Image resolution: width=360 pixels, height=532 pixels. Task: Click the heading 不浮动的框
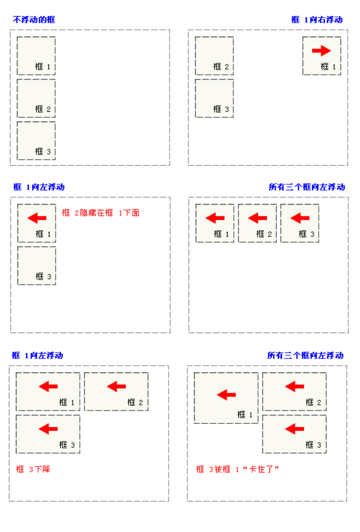[x=34, y=20]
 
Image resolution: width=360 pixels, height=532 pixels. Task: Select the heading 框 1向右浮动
[x=317, y=20]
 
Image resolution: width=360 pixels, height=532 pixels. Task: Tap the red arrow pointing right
[x=321, y=50]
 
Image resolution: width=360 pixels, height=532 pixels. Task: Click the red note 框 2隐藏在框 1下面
[x=100, y=213]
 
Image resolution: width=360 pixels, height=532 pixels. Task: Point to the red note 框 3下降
[x=33, y=469]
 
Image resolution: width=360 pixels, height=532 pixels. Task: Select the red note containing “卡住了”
[x=237, y=469]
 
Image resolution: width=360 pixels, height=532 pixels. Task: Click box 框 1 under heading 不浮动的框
[x=36, y=56]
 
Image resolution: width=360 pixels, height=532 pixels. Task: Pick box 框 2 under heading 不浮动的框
[x=36, y=98]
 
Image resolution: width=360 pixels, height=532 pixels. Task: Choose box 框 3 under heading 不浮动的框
[x=36, y=141]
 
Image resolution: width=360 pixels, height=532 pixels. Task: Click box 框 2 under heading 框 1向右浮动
[x=214, y=56]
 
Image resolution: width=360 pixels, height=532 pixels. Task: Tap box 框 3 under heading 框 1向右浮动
[x=214, y=98]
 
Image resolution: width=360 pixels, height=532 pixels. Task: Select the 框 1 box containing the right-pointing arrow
[x=321, y=56]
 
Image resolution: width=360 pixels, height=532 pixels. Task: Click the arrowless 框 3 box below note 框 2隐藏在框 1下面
[x=37, y=266]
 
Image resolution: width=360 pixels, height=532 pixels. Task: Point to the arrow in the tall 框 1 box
[x=226, y=395]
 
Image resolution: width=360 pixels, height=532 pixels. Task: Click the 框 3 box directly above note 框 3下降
[x=48, y=434]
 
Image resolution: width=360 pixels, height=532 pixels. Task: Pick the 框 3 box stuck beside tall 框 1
[x=294, y=434]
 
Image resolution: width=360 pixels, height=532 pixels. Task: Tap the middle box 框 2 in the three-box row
[x=257, y=224]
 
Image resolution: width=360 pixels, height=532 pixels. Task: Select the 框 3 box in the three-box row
[x=299, y=224]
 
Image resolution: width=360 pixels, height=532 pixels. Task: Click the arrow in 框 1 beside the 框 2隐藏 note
[x=37, y=218]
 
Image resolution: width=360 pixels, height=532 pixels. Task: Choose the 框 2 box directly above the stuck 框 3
[x=294, y=391]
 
